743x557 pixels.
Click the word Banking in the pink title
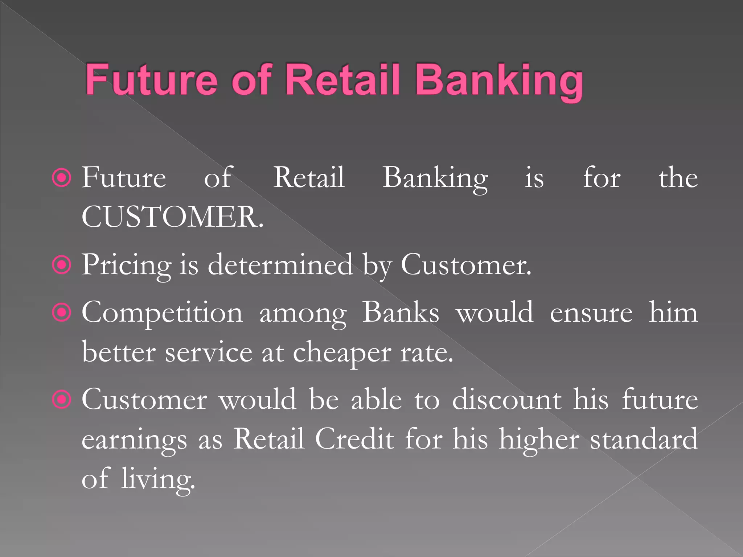499,81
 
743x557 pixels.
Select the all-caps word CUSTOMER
172,217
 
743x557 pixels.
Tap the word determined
280,265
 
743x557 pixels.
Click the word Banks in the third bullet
401,313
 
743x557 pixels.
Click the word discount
507,400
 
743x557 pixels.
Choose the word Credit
354,439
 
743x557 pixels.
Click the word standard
644,439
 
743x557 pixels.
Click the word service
209,352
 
